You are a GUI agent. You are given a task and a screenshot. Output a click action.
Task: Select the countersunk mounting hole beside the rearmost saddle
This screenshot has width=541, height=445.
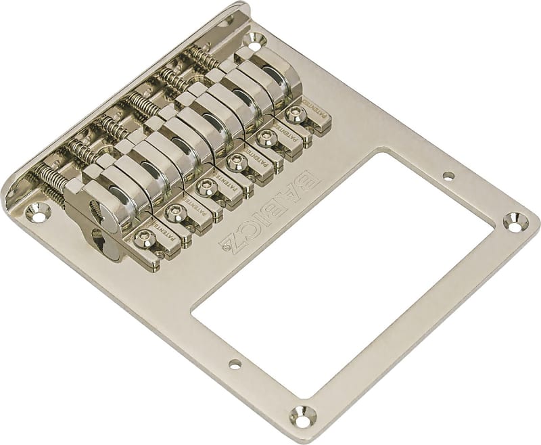click(x=256, y=39)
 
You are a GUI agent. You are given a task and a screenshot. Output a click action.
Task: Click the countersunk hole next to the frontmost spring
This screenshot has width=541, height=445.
click(x=34, y=214)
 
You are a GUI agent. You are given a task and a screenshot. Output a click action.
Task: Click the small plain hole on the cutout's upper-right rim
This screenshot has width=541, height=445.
click(x=448, y=177)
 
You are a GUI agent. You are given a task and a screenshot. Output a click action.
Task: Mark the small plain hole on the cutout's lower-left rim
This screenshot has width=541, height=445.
click(x=235, y=365)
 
